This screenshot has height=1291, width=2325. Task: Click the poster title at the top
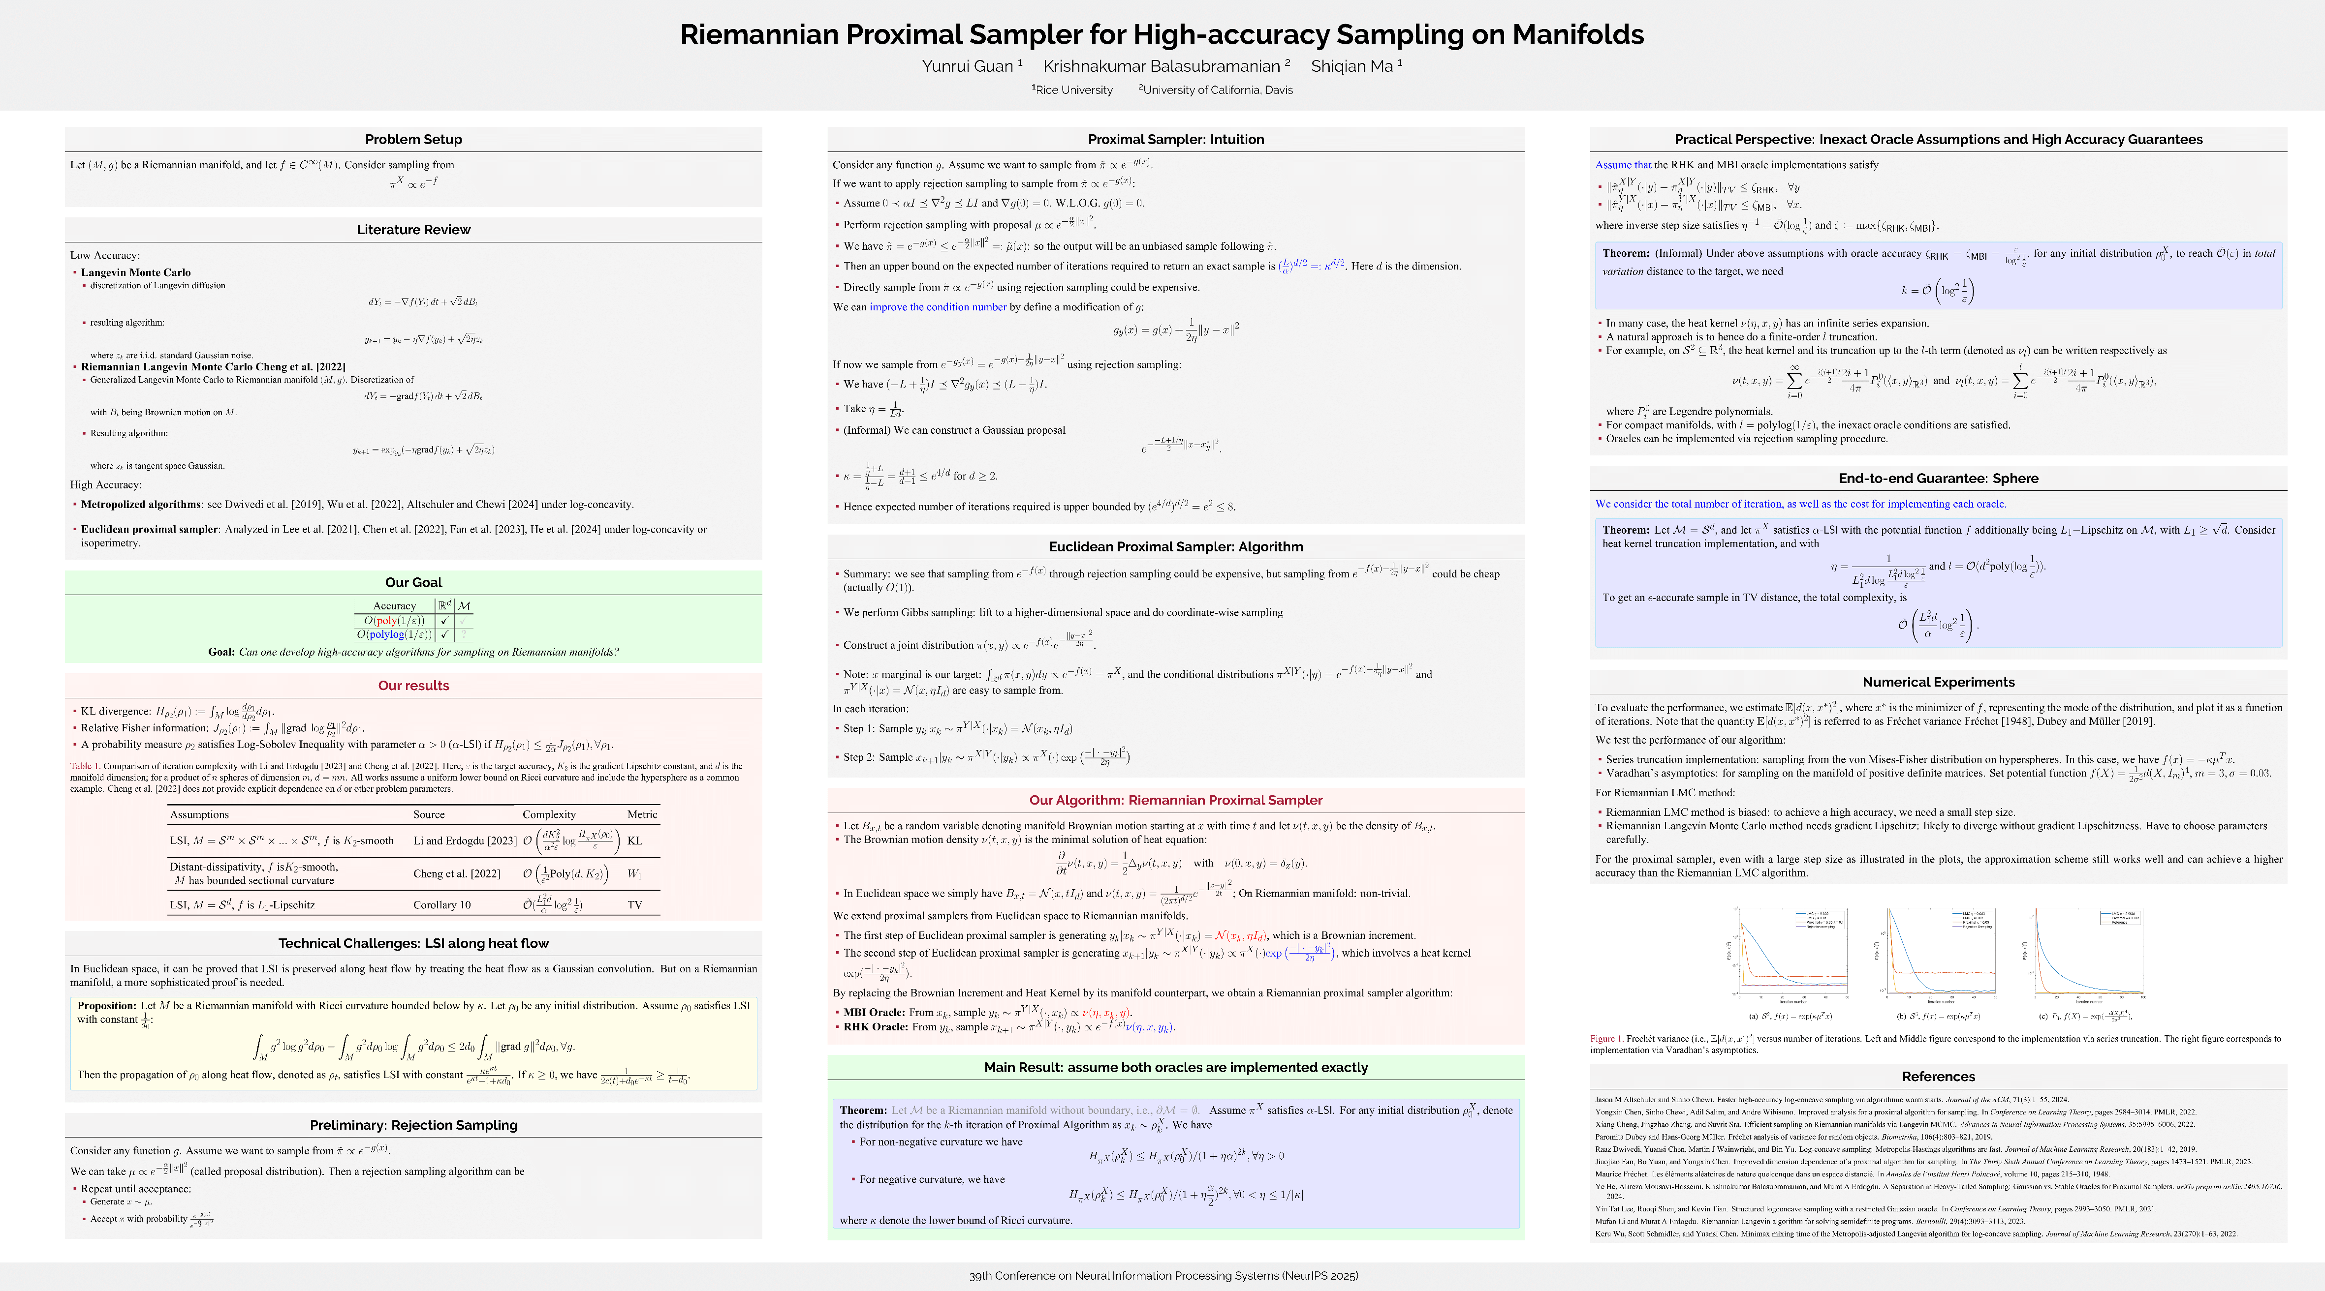[x=1162, y=34]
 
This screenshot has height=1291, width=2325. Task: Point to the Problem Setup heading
[x=413, y=139]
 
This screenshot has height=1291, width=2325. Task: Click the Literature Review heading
[x=413, y=229]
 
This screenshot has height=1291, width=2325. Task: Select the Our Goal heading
[x=413, y=582]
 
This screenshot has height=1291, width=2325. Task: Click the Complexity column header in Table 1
[x=549, y=814]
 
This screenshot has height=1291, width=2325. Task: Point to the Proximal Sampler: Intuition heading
[x=1175, y=139]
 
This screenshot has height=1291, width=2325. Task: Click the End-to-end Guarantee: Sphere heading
[x=1938, y=478]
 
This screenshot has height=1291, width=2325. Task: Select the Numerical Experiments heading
[x=1938, y=682]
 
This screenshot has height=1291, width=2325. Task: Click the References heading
[x=1938, y=1076]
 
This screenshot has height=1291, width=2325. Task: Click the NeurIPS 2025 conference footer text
[x=1162, y=1276]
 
